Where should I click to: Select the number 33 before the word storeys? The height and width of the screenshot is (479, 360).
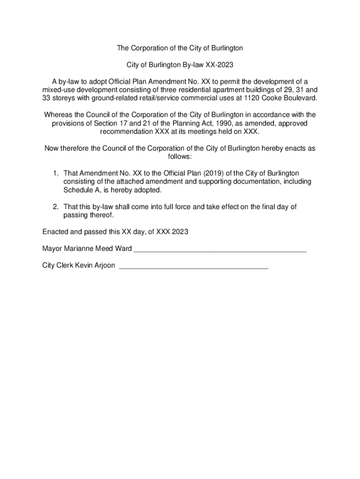coord(47,99)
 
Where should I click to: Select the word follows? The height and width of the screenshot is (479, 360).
coord(180,157)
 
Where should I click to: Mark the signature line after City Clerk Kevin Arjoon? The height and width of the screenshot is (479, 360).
coord(194,266)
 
